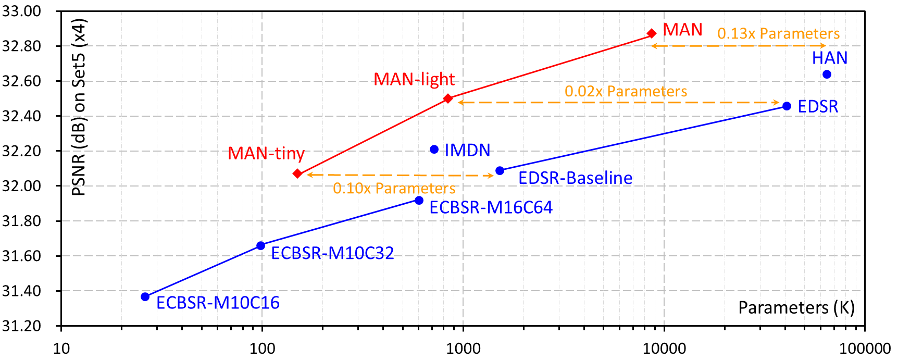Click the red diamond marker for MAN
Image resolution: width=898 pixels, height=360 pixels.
[x=652, y=33]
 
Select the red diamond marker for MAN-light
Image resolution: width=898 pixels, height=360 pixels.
[x=448, y=98]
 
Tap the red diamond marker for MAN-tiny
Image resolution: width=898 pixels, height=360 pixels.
[x=297, y=173]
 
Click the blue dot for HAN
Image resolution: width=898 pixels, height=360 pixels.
[x=827, y=75]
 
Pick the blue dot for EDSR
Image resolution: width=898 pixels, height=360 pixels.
[x=787, y=106]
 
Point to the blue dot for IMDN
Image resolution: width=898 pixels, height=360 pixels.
[x=434, y=150]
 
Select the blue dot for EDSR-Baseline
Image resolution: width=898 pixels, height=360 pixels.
[x=500, y=171]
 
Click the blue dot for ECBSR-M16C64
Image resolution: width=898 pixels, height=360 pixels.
[x=419, y=201]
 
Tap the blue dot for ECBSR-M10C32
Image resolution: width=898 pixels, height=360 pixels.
[x=261, y=246]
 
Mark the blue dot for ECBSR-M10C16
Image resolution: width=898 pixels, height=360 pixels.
[x=145, y=297]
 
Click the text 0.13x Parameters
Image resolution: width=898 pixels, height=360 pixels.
[x=778, y=34]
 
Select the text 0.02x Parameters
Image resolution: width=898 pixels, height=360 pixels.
[x=626, y=92]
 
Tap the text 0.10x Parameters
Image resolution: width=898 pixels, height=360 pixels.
[x=394, y=189]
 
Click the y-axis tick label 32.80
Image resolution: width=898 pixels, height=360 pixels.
[x=21, y=46]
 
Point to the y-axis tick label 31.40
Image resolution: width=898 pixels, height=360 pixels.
[x=21, y=291]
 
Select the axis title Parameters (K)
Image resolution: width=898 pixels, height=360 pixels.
[x=796, y=308]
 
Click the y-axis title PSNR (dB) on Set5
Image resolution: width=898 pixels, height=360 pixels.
[x=79, y=107]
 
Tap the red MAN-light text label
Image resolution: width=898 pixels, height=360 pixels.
[x=414, y=79]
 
